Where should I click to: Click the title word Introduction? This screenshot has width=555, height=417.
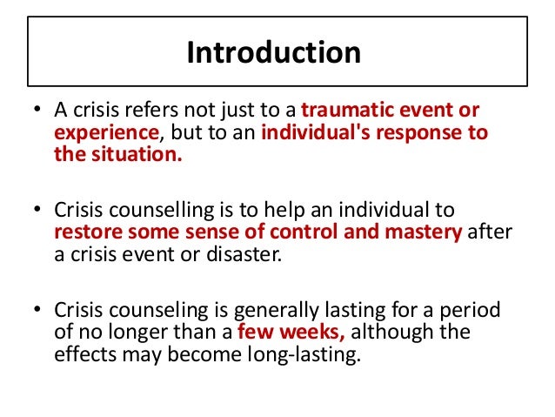273,53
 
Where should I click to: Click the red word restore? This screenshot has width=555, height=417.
83,232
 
